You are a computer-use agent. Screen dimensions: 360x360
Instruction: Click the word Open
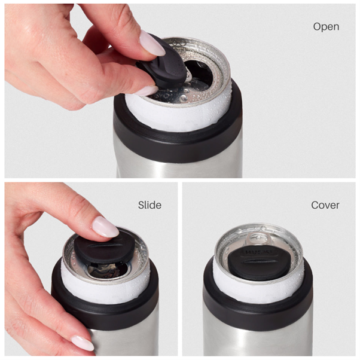click(x=326, y=27)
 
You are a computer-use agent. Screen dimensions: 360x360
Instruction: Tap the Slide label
click(x=150, y=205)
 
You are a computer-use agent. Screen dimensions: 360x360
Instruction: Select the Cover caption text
click(x=325, y=205)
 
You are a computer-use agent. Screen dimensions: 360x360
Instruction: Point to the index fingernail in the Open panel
click(x=151, y=44)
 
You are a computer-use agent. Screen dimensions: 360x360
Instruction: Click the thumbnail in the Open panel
click(x=146, y=90)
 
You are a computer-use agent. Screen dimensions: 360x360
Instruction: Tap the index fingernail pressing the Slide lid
click(x=105, y=227)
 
